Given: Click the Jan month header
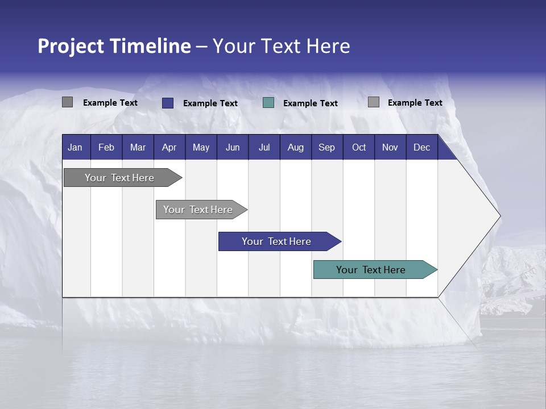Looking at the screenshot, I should [75, 147].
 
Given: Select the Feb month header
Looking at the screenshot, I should [106, 147].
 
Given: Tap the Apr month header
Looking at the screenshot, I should [169, 147].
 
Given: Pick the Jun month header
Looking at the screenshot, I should [233, 147].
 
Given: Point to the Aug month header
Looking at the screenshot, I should [295, 147].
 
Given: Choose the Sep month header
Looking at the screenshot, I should [326, 147].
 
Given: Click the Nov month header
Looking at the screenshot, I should [390, 147].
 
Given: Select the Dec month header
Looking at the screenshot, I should [421, 147].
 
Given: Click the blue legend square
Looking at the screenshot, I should [167, 103].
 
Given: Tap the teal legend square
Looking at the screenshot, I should [268, 103].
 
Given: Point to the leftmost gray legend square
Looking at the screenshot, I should [67, 102].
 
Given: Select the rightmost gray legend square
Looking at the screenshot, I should [373, 102].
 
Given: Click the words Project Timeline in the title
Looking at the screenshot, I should [114, 46].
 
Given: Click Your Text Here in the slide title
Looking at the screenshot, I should [281, 46].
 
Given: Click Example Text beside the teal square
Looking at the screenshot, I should [310, 103].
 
